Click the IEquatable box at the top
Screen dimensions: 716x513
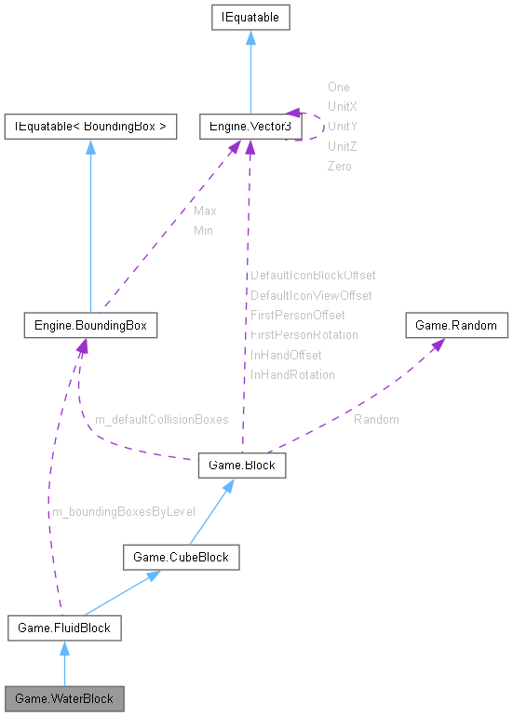(x=250, y=17)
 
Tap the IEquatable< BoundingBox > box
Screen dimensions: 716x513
(x=90, y=126)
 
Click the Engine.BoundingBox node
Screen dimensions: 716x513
(x=90, y=326)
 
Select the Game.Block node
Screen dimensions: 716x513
(x=242, y=466)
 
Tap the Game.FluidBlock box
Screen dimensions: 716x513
(x=64, y=628)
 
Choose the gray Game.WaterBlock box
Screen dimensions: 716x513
(x=64, y=697)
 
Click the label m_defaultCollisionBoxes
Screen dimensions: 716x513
(x=161, y=420)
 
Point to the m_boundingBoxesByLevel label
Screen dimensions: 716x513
(x=123, y=511)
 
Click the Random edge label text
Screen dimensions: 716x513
(x=376, y=420)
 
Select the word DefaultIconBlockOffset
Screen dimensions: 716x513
(x=313, y=276)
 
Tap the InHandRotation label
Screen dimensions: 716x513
(x=292, y=374)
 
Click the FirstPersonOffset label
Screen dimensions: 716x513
(x=298, y=316)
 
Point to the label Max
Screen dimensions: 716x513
(x=205, y=210)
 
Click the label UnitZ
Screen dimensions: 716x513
(x=342, y=146)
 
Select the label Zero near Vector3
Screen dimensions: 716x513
(x=340, y=166)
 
